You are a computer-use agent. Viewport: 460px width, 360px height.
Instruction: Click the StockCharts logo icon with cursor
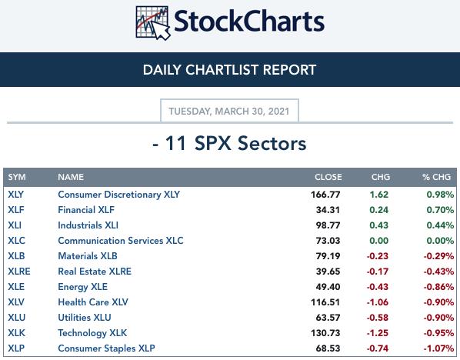pyautogui.click(x=153, y=23)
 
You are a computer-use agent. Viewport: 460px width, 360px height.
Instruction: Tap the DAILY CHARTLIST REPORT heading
pyautogui.click(x=229, y=70)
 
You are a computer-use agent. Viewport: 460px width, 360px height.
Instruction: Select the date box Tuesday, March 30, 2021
pyautogui.click(x=229, y=111)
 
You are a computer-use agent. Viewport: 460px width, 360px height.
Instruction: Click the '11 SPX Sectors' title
pyautogui.click(x=230, y=144)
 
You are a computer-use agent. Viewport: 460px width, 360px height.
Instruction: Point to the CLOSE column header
pyautogui.click(x=328, y=177)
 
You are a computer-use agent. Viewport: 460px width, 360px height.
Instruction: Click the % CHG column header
pyautogui.click(x=436, y=177)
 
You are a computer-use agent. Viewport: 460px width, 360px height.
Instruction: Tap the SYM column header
pyautogui.click(x=17, y=177)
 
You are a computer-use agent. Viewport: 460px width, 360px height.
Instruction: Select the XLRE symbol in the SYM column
pyautogui.click(x=19, y=272)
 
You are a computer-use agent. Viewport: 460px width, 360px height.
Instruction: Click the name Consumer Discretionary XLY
pyautogui.click(x=118, y=195)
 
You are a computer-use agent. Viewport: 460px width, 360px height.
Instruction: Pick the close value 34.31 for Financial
pyautogui.click(x=328, y=210)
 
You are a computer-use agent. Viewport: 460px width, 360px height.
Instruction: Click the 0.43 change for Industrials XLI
pyautogui.click(x=378, y=225)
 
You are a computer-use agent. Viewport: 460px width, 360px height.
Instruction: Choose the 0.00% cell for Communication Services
pyautogui.click(x=440, y=241)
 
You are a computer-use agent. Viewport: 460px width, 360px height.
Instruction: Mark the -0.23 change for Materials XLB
pyautogui.click(x=378, y=256)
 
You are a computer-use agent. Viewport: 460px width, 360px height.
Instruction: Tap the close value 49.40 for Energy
pyautogui.click(x=328, y=287)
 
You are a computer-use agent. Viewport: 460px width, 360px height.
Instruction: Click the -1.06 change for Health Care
pyautogui.click(x=378, y=302)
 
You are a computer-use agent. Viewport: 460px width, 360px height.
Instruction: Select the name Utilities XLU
pyautogui.click(x=85, y=318)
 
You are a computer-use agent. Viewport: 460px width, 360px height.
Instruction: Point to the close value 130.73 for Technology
pyautogui.click(x=325, y=333)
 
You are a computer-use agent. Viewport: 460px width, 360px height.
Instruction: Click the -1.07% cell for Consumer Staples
pyautogui.click(x=438, y=348)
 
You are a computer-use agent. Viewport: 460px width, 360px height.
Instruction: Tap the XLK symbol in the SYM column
pyautogui.click(x=16, y=333)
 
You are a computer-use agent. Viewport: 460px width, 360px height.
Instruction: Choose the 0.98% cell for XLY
pyautogui.click(x=440, y=195)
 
